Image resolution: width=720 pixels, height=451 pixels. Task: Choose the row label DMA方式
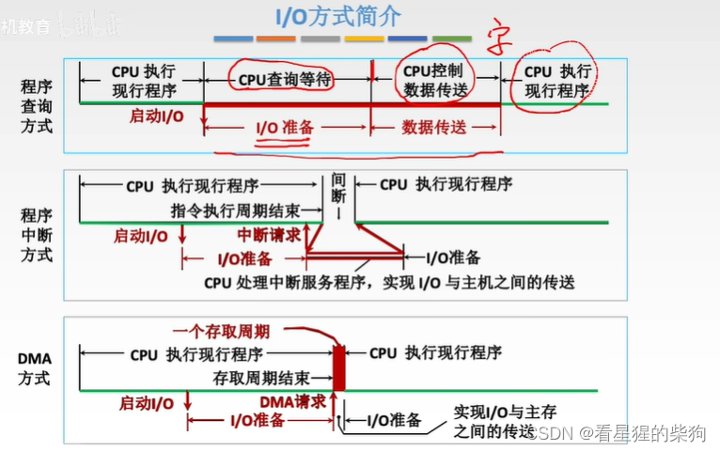pos(37,369)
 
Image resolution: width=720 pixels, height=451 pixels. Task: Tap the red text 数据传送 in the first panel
pos(433,127)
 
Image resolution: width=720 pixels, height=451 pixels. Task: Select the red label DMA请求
pos(292,401)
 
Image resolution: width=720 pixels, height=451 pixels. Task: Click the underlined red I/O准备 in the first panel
pos(284,128)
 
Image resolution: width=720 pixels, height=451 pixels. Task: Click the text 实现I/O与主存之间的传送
pos(493,421)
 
